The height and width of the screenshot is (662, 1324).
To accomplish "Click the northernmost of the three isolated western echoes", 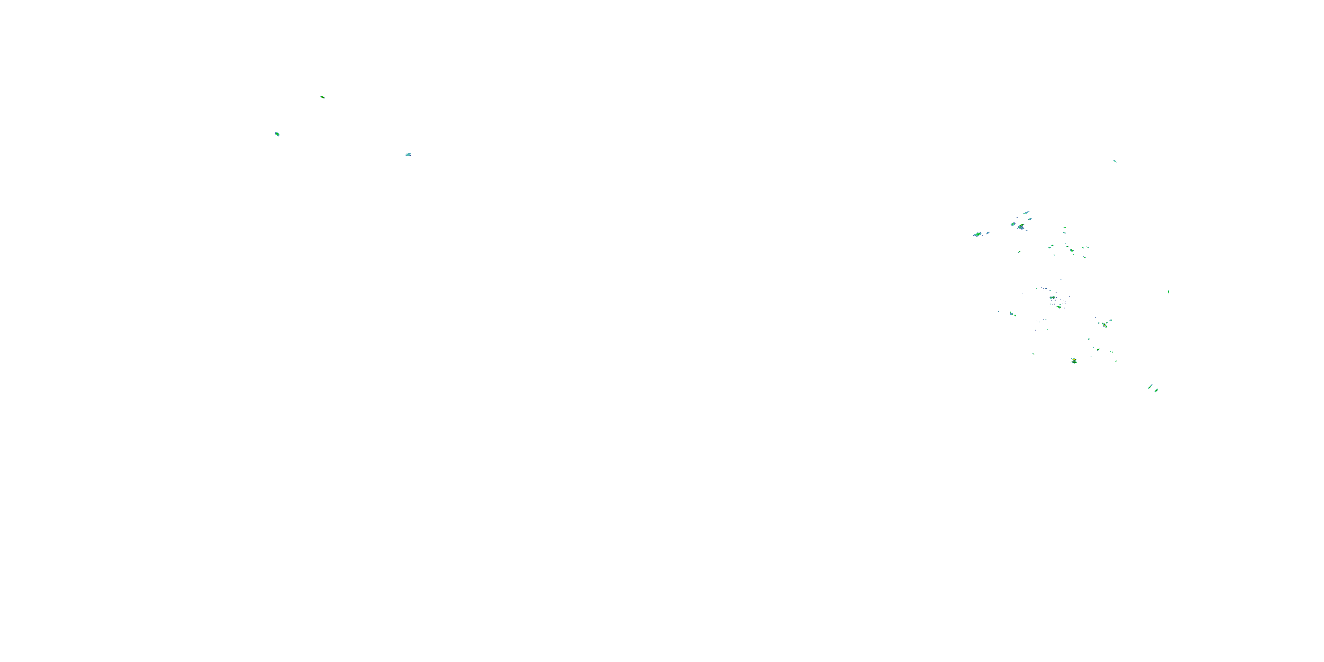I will coord(322,97).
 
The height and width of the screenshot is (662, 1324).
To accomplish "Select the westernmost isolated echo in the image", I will coord(277,134).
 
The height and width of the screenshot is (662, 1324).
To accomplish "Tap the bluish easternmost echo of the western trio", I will coord(408,154).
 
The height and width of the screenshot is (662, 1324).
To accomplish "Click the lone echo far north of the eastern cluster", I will coord(1114,161).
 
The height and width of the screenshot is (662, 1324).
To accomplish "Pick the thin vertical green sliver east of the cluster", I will coord(1169,292).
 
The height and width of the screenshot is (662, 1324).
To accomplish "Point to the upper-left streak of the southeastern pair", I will coord(1150,387).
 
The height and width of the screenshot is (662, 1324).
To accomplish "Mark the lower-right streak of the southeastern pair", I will coord(1156,390).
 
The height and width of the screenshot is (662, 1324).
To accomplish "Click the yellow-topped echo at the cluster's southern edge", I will coord(1074,361).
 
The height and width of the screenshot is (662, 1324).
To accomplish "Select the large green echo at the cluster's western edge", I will coord(977,234).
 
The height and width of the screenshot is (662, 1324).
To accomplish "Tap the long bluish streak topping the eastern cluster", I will coord(1027,212).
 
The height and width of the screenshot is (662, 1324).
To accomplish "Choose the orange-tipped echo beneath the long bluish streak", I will coord(1021,226).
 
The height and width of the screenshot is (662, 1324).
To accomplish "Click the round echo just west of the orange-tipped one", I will coord(1013,224).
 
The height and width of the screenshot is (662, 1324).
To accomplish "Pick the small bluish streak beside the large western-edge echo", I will coord(988,233).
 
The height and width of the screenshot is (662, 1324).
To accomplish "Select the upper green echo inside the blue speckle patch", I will coord(1053,297).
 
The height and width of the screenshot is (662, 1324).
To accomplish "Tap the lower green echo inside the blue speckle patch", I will coord(1059,306).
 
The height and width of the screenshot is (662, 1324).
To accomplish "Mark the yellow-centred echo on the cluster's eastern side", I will coord(1105,324).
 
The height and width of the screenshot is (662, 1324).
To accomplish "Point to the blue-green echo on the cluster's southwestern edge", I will coord(1012,313).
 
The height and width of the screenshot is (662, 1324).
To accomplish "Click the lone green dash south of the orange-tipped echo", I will coord(1019,252).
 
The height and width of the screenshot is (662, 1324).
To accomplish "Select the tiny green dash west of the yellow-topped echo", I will coord(1034,354).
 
